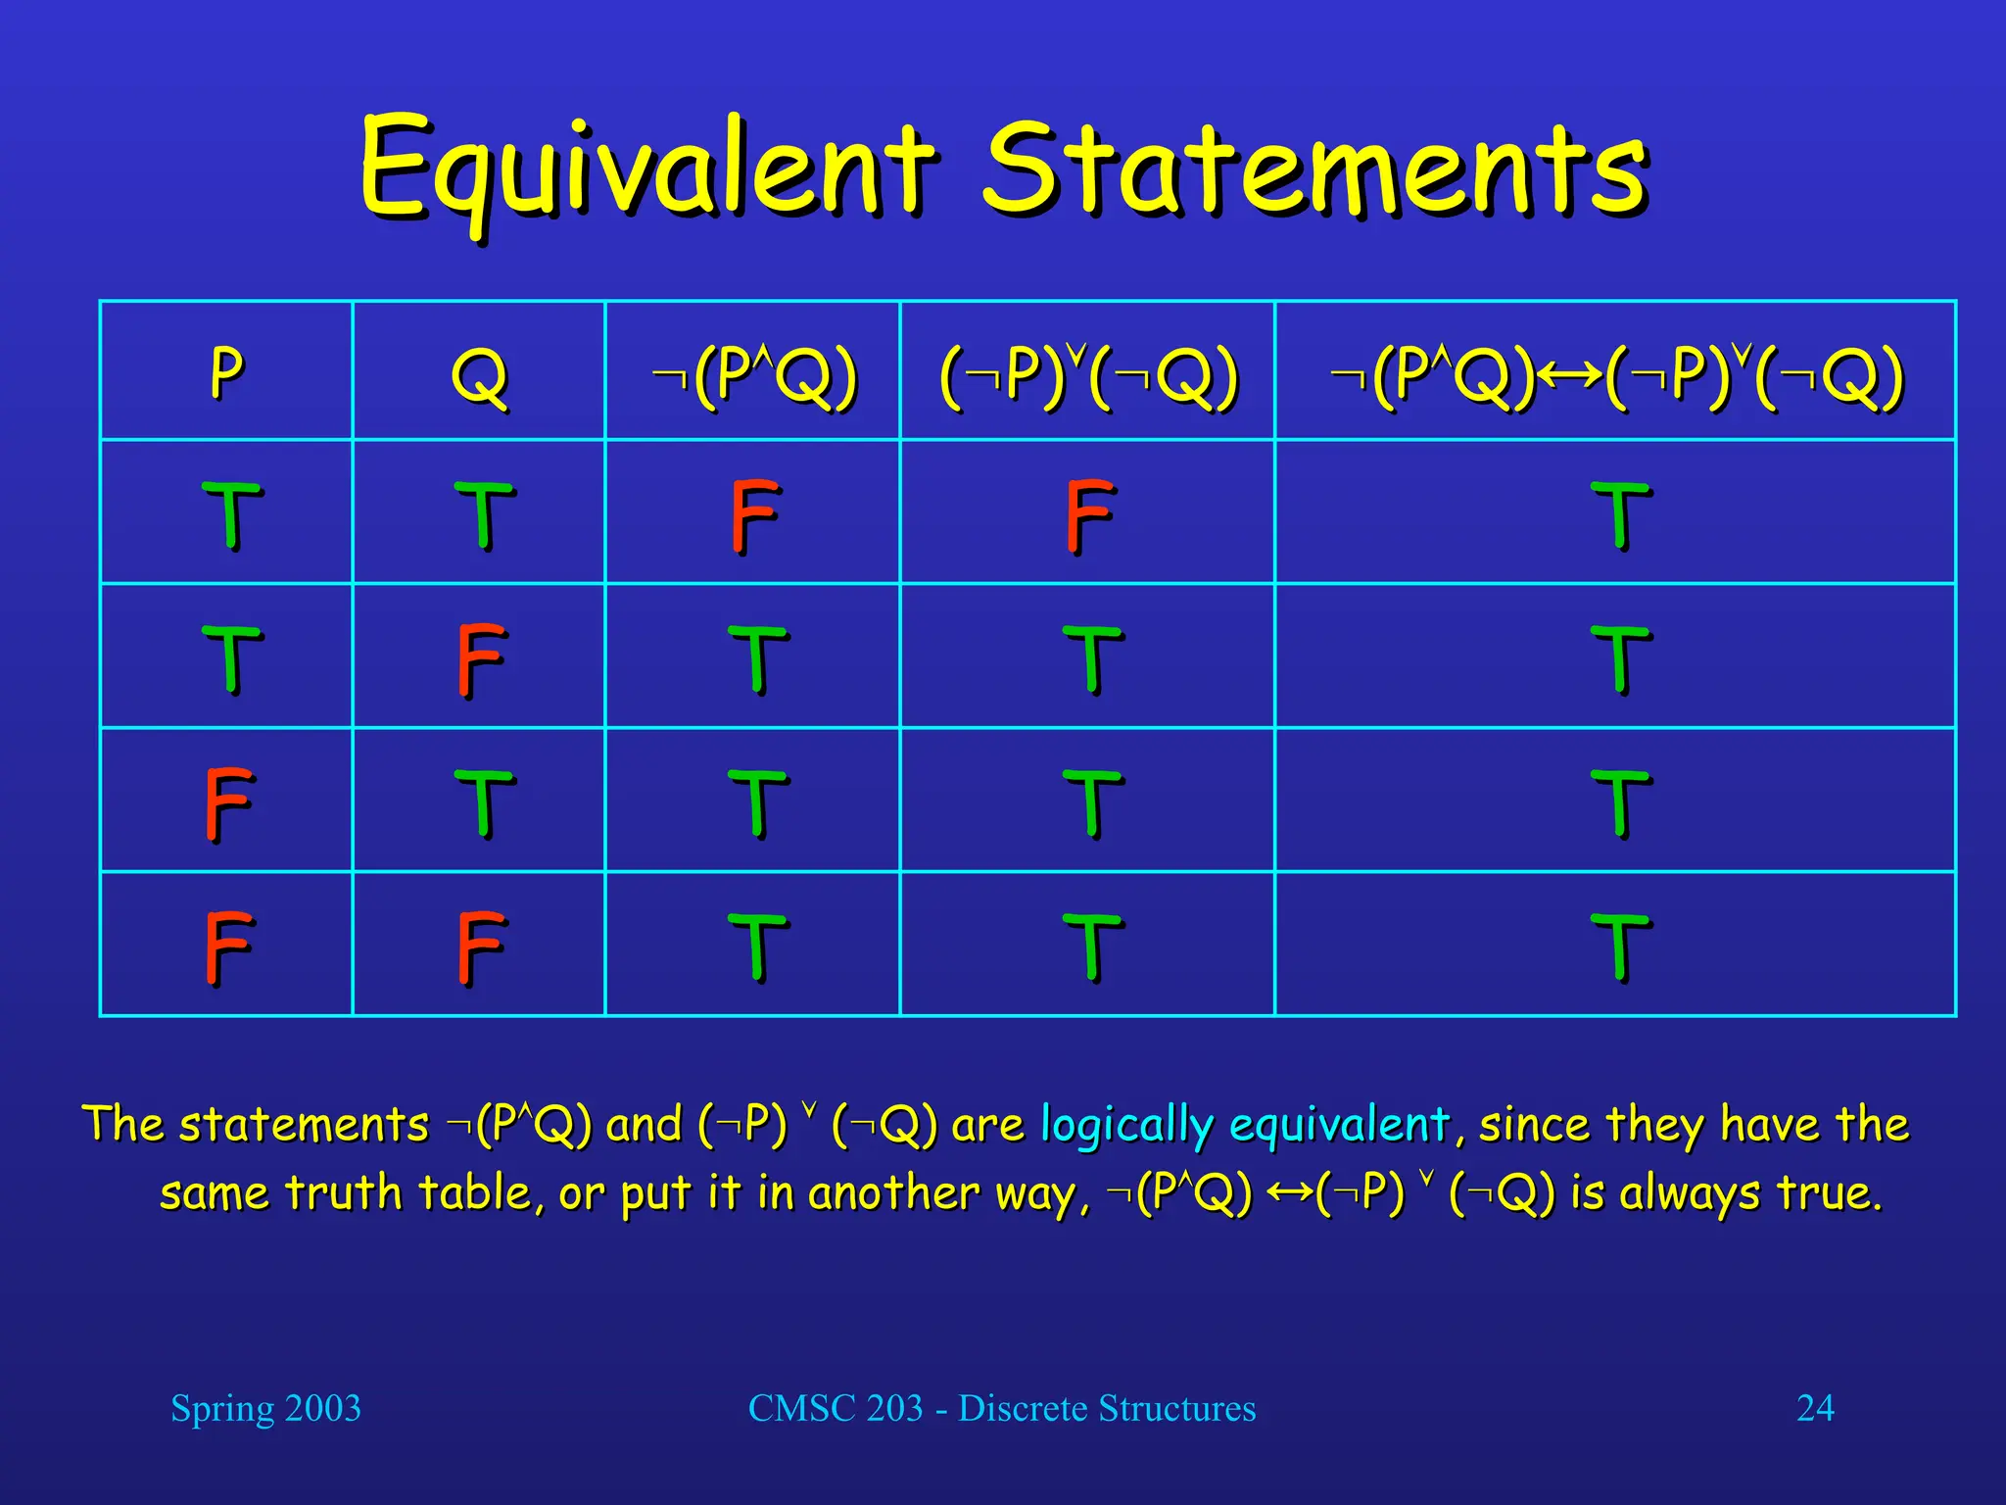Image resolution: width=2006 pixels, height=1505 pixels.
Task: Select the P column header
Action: pyautogui.click(x=226, y=373)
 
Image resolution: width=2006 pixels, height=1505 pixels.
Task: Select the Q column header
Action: pyautogui.click(x=479, y=375)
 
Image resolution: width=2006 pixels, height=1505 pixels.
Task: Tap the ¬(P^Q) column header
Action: pyautogui.click(x=754, y=375)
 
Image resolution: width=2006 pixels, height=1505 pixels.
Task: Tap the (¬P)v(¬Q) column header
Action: pyautogui.click(x=1088, y=375)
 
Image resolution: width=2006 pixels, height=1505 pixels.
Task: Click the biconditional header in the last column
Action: pyautogui.click(x=1616, y=375)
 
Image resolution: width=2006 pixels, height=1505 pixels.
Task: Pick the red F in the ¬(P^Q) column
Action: pyautogui.click(x=755, y=515)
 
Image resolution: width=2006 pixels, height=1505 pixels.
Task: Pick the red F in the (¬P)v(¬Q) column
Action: pyautogui.click(x=1089, y=515)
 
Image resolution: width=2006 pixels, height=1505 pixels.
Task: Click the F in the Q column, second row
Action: pyautogui.click(x=480, y=659)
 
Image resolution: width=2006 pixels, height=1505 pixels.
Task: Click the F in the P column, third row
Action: pyautogui.click(x=228, y=803)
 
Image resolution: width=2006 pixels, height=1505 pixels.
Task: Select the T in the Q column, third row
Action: pyautogui.click(x=483, y=803)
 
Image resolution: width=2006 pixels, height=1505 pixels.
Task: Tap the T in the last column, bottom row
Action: pyautogui.click(x=1620, y=947)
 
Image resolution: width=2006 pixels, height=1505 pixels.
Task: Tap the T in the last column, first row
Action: pyautogui.click(x=1620, y=515)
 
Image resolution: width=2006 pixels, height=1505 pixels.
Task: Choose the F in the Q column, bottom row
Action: pyautogui.click(x=480, y=947)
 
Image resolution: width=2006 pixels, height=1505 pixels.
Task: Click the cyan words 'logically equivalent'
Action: pyautogui.click(x=1244, y=1125)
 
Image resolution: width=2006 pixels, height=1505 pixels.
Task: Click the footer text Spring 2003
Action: pyautogui.click(x=265, y=1408)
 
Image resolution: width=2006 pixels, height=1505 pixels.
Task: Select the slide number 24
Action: pyautogui.click(x=1814, y=1408)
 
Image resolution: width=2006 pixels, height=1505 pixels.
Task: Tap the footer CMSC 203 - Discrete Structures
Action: pyautogui.click(x=1001, y=1408)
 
